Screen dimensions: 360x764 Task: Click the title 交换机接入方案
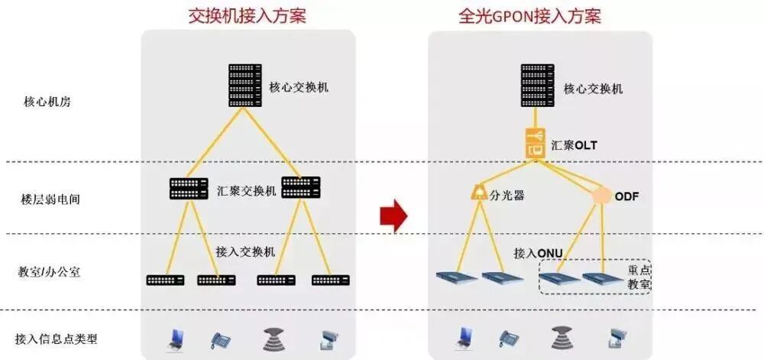247,15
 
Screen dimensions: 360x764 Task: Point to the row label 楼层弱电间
50,199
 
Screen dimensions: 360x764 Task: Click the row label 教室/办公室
50,273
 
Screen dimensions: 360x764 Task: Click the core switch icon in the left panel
244,86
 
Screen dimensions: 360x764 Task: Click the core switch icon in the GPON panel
538,86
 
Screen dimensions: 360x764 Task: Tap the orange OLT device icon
538,144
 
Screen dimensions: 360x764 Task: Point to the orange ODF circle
602,196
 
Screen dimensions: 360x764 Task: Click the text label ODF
626,196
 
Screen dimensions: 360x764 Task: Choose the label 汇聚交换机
246,191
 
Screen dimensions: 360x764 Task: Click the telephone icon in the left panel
222,339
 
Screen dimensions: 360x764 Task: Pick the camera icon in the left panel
329,339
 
